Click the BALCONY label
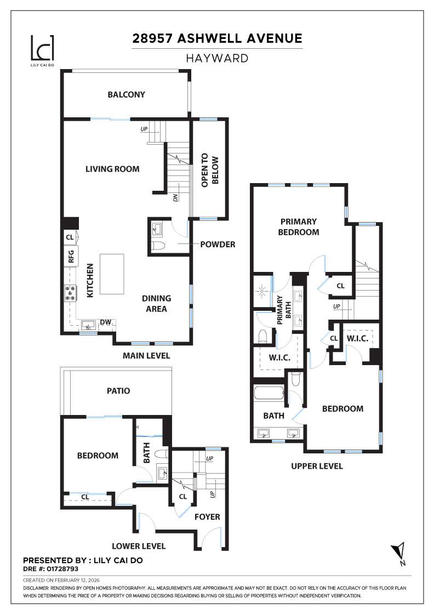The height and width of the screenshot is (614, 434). coord(127,94)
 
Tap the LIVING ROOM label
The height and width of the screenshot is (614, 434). coord(112,169)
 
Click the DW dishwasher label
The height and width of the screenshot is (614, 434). coord(106,322)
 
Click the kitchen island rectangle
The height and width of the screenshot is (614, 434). coord(112,274)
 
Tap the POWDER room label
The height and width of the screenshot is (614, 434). coord(218,245)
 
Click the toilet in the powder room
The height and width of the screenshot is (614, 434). coord(157,246)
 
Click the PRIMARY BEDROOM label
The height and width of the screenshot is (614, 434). coord(299,227)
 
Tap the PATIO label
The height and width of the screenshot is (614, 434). coord(118,391)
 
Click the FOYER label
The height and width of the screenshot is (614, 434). coord(207,516)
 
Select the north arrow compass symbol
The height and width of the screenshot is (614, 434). coord(398,553)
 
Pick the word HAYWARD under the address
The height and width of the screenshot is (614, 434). coord(217,58)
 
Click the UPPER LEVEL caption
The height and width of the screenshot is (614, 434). coord(317,466)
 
